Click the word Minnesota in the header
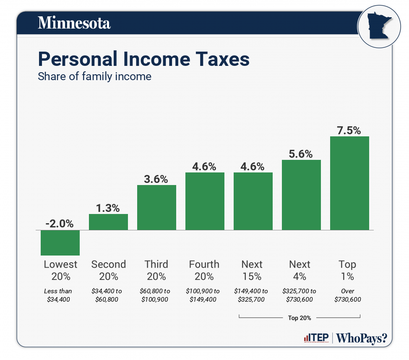[74, 23]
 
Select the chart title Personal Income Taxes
[143, 59]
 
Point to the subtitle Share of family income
[94, 77]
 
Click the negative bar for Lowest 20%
[60, 243]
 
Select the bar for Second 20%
[108, 222]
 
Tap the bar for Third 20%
[156, 207]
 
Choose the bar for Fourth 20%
[205, 201]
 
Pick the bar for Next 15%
[253, 201]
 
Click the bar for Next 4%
[301, 195]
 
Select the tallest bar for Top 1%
[349, 183]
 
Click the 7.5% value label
[349, 130]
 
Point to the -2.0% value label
[60, 224]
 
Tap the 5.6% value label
[301, 154]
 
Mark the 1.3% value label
[108, 208]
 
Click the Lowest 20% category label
[60, 270]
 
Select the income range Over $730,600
[347, 295]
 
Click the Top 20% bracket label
[300, 318]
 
